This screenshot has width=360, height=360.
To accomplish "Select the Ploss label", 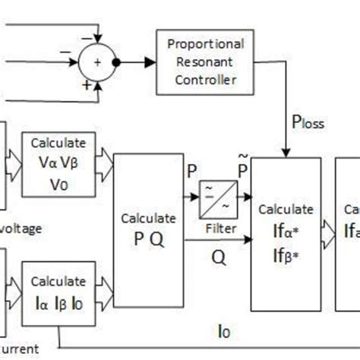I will [x=308, y=121].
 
